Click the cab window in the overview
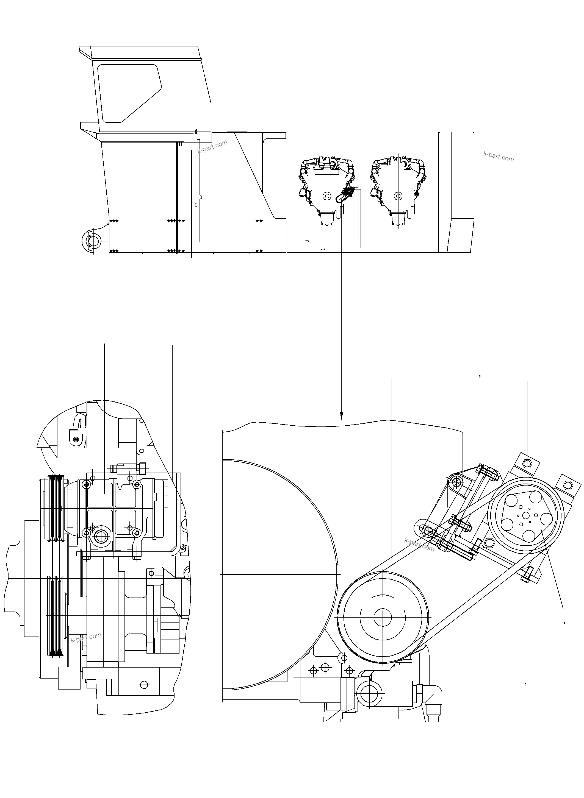127,93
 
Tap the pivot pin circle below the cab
94,241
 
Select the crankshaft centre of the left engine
327,195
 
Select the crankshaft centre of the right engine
398,195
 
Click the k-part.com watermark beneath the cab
212,147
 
